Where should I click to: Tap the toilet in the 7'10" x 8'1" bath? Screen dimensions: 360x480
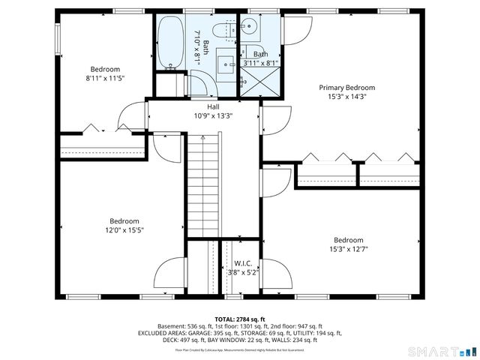221,31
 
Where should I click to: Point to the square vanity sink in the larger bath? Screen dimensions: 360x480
225,64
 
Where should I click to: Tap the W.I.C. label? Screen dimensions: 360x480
242,263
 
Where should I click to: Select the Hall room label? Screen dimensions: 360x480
202,107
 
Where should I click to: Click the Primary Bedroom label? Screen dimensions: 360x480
346,88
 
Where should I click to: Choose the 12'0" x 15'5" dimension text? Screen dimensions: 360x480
124,230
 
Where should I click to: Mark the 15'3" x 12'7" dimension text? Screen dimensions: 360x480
348,250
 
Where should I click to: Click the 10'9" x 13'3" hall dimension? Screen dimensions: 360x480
202,116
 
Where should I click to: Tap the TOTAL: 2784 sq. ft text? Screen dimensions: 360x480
240,318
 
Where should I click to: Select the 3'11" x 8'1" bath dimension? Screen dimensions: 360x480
260,63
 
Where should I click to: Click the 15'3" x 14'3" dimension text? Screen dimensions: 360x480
346,97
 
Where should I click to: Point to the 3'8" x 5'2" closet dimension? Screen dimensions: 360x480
242,272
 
